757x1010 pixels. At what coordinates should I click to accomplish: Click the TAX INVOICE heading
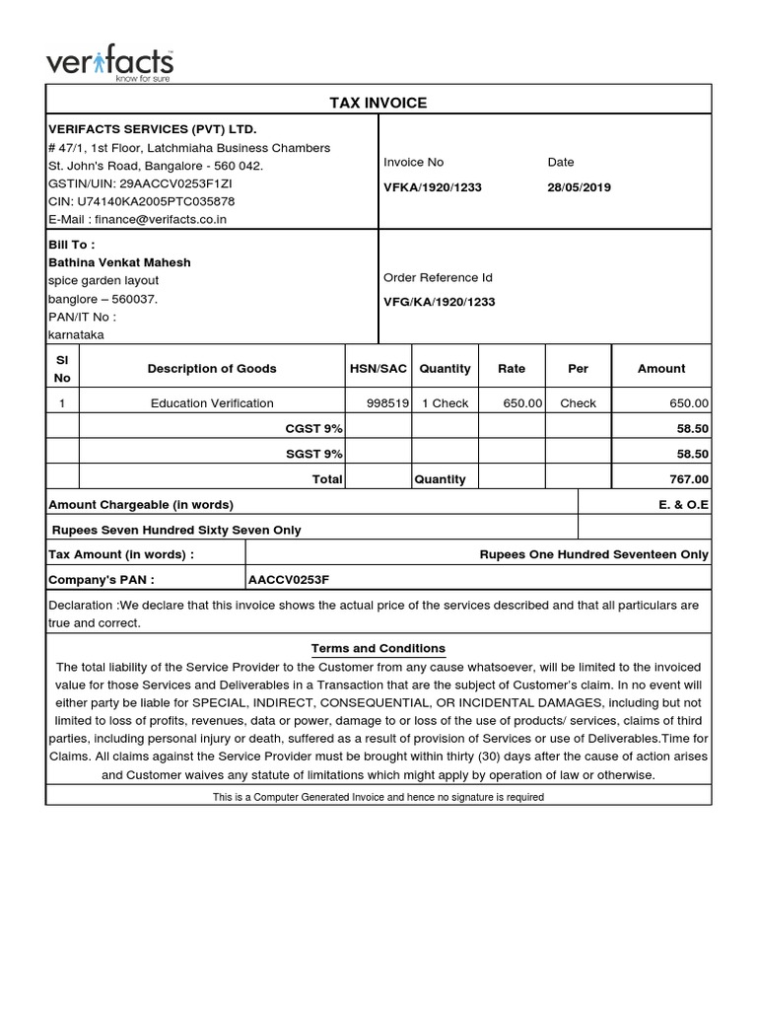(378, 103)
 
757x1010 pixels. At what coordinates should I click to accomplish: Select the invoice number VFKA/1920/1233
(432, 187)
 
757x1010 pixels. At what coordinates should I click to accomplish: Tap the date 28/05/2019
(579, 187)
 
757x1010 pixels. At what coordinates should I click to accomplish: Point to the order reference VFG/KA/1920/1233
(439, 303)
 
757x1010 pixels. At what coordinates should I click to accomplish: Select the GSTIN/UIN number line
(140, 183)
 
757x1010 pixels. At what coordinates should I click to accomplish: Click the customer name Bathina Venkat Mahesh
(119, 262)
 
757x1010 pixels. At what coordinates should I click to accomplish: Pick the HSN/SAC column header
(378, 368)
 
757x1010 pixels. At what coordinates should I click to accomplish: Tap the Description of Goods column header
(212, 368)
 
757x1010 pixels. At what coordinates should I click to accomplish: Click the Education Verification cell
(212, 403)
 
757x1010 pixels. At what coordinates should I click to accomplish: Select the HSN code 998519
(386, 403)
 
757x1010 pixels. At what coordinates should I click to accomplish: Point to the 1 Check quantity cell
(445, 403)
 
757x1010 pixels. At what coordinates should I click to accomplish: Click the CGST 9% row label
(313, 429)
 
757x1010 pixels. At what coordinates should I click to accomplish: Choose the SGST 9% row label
(313, 454)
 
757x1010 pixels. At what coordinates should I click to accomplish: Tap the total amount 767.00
(688, 479)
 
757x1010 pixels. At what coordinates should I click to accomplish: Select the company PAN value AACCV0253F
(289, 579)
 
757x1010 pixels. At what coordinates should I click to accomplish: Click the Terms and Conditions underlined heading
(378, 648)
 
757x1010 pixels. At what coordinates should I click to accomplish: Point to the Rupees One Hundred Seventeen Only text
(593, 554)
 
